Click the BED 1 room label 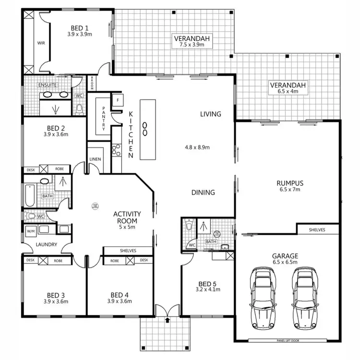[x=80, y=28]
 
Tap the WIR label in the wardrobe [x=41, y=43]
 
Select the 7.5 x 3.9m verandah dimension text [x=189, y=45]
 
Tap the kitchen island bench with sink [x=147, y=129]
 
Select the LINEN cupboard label [x=95, y=159]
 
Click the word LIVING [x=211, y=114]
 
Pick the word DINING [x=203, y=192]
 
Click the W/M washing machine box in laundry [x=31, y=230]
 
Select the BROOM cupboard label [x=92, y=83]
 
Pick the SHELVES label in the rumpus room [x=316, y=230]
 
